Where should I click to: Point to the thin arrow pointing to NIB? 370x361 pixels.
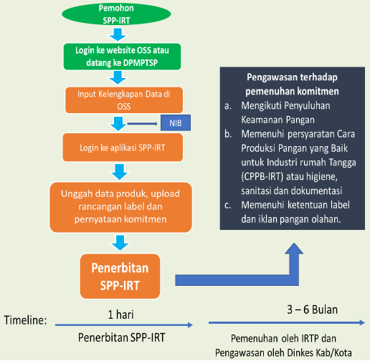(x=143, y=123)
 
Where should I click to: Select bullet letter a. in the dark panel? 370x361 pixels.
(x=227, y=105)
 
